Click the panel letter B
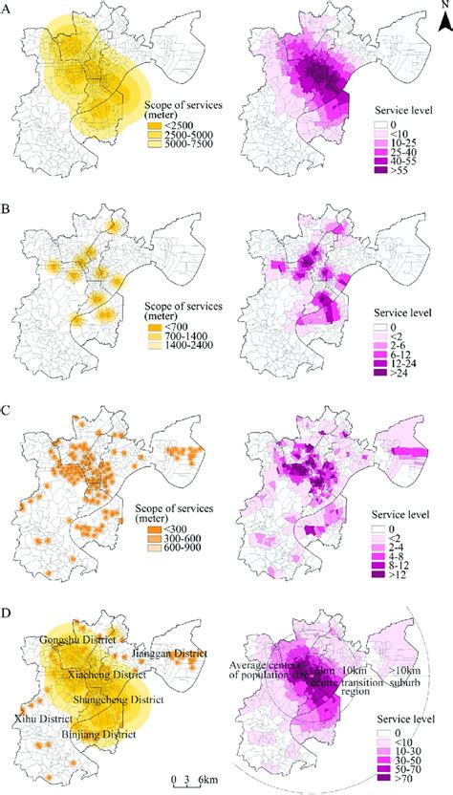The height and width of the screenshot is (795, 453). point(8,205)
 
